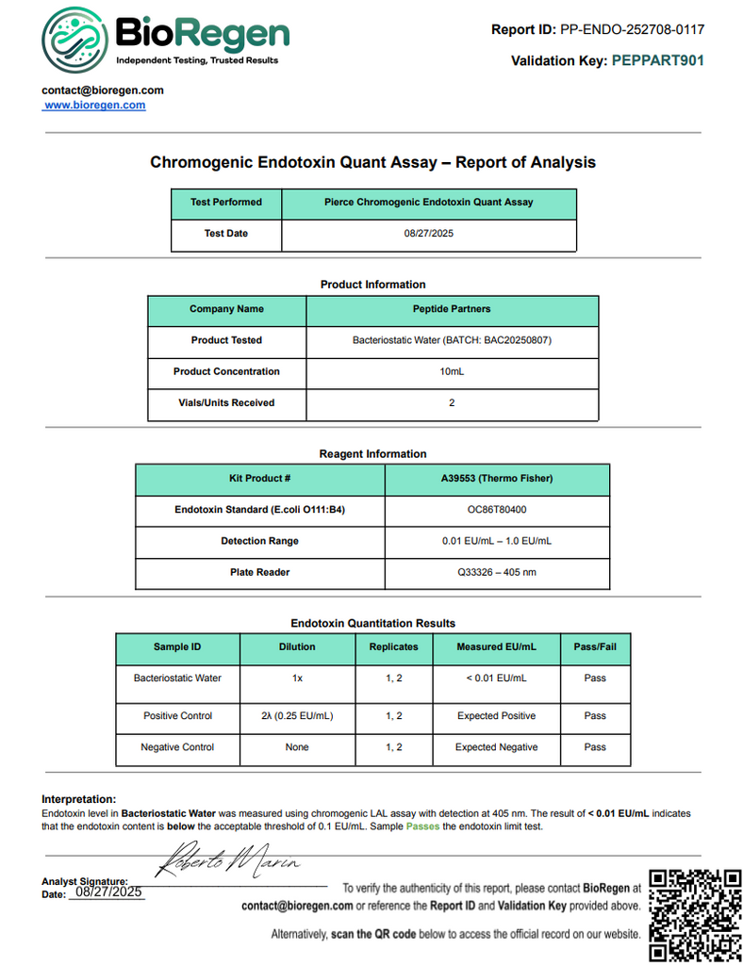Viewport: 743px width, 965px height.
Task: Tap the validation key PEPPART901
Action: pyautogui.click(x=657, y=61)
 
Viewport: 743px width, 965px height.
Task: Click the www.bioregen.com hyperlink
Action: pyautogui.click(x=94, y=106)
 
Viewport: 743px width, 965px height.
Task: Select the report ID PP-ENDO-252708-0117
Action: pyautogui.click(x=632, y=29)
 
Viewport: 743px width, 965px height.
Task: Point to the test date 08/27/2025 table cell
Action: pyautogui.click(x=429, y=234)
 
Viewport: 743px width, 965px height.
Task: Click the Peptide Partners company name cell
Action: pyautogui.click(x=452, y=309)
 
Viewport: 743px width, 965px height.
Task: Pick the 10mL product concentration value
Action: pyautogui.click(x=452, y=371)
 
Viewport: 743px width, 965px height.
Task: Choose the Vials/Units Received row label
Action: pyautogui.click(x=226, y=402)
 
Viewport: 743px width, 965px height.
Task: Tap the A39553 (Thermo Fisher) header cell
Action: pyautogui.click(x=497, y=479)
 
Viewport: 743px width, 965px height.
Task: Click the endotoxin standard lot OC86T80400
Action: pyautogui.click(x=497, y=510)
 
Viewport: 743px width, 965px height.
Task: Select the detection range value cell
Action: pyautogui.click(x=497, y=541)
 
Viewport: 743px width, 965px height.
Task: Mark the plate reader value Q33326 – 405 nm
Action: pyautogui.click(x=497, y=572)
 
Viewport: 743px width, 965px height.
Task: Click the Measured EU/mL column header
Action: pyautogui.click(x=496, y=647)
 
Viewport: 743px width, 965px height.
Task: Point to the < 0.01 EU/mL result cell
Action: pyautogui.click(x=496, y=678)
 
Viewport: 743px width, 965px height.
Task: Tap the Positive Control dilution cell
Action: pyautogui.click(x=297, y=716)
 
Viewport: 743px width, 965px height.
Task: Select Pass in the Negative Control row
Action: pyautogui.click(x=595, y=747)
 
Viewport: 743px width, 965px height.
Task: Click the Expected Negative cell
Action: pyautogui.click(x=496, y=747)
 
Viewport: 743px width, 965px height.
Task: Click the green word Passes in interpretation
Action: pyautogui.click(x=422, y=826)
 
